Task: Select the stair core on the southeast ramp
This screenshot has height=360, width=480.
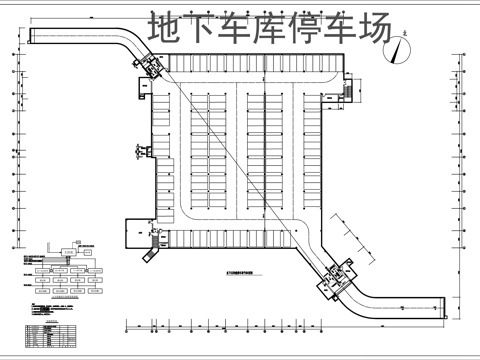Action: click(332, 277)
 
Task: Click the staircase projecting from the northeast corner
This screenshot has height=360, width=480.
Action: click(346, 90)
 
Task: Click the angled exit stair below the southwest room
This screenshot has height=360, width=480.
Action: click(151, 257)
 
